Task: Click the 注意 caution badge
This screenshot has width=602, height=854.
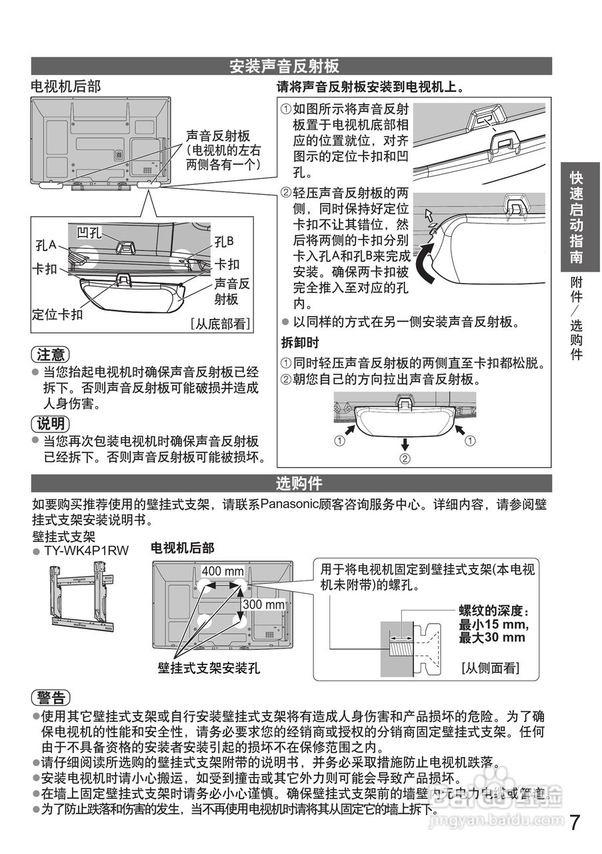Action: coord(51,354)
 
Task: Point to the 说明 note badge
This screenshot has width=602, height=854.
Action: coord(51,423)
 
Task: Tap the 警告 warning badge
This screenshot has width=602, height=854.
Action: coord(51,698)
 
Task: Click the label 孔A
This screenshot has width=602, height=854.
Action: coord(45,246)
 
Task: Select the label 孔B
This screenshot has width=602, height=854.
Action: coord(224,241)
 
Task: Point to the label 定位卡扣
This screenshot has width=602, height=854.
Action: coord(58,314)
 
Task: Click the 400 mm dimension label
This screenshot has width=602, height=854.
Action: coord(223,572)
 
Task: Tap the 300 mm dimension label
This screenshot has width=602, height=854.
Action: coord(264,604)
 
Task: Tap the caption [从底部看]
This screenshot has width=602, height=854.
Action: coord(220,324)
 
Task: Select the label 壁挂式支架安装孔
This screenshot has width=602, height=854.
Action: coord(209,667)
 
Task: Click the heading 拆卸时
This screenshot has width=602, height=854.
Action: coord(299,342)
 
